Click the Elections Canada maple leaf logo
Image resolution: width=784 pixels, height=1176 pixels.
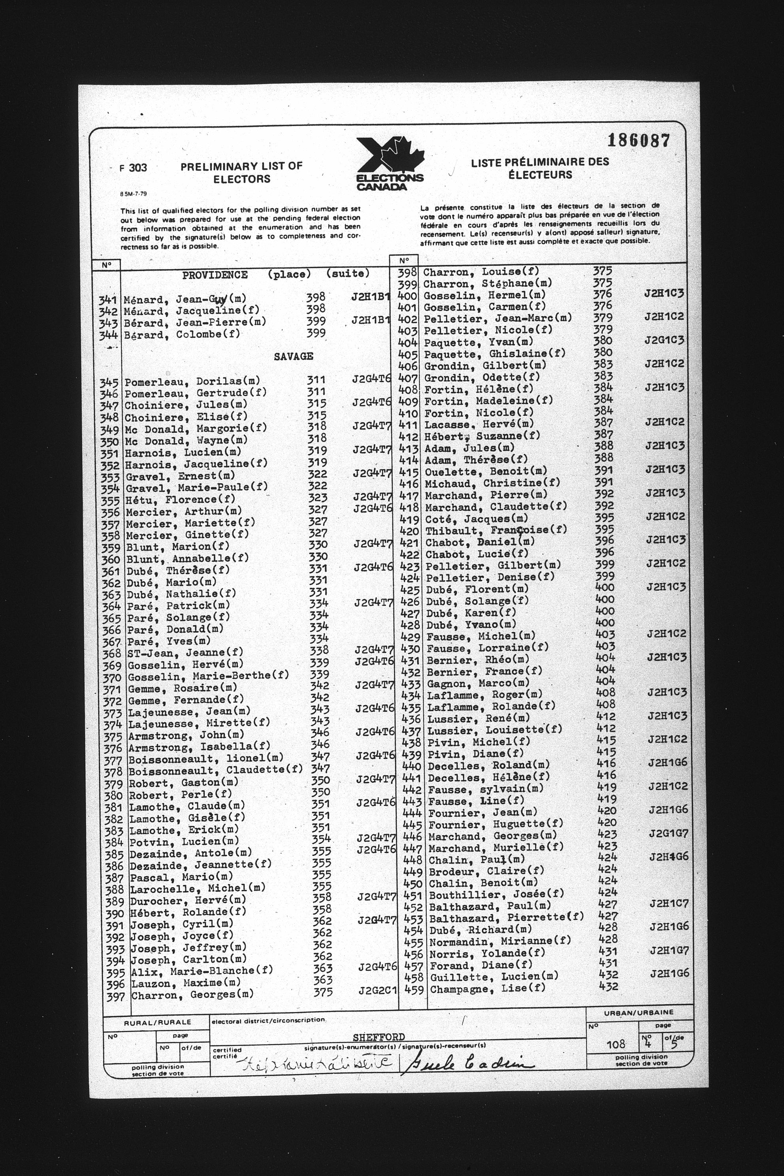tap(390, 162)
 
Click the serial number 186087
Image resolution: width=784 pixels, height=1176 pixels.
tap(639, 141)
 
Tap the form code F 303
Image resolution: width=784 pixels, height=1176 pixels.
tap(134, 168)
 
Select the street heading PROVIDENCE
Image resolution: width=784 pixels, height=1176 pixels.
tap(215, 275)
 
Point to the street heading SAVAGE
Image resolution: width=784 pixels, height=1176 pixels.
tap(294, 356)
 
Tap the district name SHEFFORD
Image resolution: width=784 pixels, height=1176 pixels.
tap(378, 1037)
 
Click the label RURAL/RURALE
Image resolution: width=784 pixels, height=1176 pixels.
tap(157, 1023)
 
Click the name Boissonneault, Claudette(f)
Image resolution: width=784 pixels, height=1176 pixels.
tap(215, 770)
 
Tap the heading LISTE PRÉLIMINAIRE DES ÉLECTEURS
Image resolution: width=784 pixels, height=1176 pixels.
tap(540, 168)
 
